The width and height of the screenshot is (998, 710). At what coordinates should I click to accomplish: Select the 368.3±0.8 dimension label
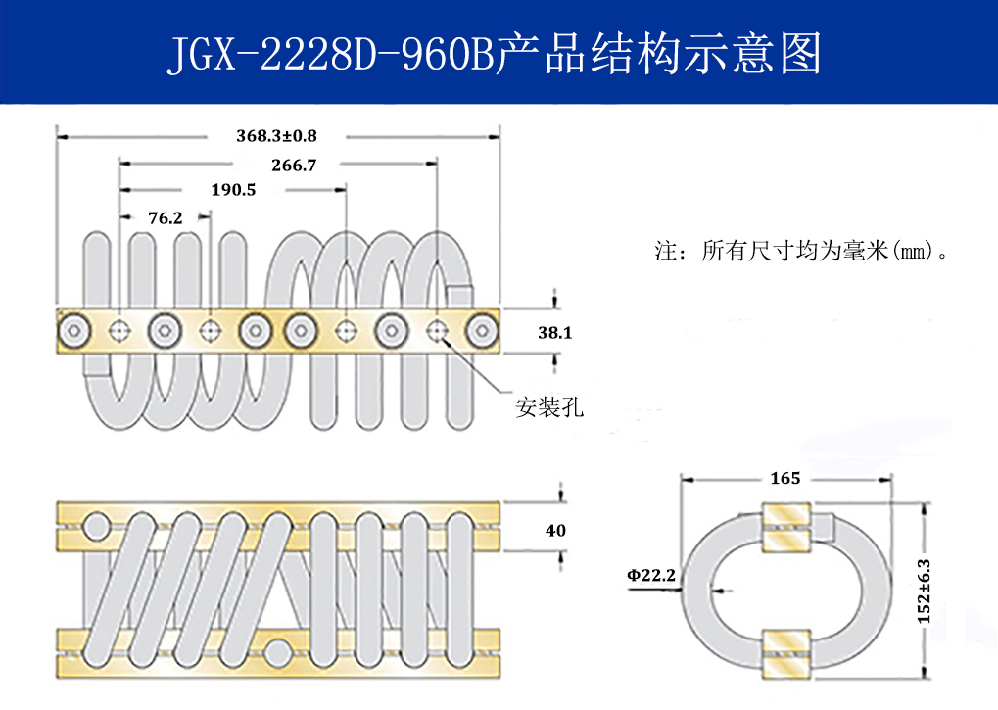click(276, 135)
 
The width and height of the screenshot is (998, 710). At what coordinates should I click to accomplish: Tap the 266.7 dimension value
click(294, 166)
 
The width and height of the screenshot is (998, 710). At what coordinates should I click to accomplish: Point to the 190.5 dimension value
click(233, 190)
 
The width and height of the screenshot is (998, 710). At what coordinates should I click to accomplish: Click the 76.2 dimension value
click(165, 218)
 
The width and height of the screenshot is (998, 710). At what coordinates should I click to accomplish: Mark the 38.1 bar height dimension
click(554, 333)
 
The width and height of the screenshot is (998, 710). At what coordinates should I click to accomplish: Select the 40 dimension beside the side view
click(555, 531)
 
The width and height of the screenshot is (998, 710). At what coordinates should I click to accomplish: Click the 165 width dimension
click(785, 478)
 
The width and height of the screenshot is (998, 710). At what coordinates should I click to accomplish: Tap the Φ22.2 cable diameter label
click(651, 575)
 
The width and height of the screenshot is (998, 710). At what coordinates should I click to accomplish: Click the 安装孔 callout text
click(549, 407)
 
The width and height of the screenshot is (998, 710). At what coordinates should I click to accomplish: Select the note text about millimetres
click(803, 251)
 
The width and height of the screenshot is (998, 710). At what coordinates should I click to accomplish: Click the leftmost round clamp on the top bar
click(74, 331)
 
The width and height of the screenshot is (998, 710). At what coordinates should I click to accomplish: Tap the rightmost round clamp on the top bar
click(481, 331)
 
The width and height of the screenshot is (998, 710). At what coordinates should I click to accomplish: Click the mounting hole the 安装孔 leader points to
click(437, 331)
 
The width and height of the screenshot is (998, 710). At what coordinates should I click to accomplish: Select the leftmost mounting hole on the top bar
click(119, 331)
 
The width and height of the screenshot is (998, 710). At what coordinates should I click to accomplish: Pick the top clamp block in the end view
click(785, 527)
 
